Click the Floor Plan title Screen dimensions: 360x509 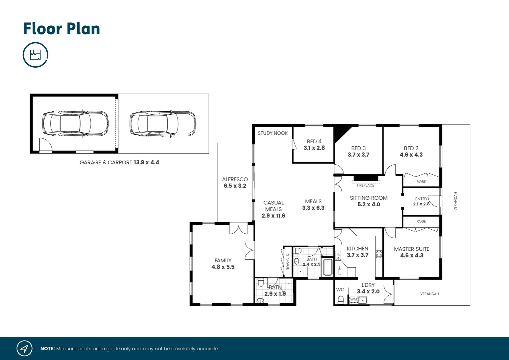tap(61, 29)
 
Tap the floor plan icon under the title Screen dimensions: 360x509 tap(35, 55)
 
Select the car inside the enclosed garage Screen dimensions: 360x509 tap(75, 124)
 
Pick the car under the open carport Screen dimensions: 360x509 tap(163, 124)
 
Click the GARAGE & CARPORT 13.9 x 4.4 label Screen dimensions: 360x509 tap(119, 163)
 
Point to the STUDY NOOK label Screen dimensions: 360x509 tap(272, 133)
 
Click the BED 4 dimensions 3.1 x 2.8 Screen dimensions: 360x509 tap(314, 148)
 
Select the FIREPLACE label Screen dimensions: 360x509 tap(365, 185)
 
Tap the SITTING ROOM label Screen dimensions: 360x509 tap(368, 198)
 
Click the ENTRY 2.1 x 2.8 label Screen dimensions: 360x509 tap(421, 201)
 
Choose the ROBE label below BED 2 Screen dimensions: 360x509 tap(421, 182)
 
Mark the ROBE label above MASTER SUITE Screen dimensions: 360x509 tap(421, 222)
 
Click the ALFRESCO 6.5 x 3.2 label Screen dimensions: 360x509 tap(235, 183)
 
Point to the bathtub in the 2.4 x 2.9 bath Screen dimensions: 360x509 tap(327, 267)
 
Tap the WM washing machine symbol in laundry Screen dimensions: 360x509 tap(353, 300)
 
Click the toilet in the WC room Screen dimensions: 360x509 tap(340, 301)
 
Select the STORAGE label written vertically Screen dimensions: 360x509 tap(288, 262)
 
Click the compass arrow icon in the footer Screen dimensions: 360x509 tap(24, 349)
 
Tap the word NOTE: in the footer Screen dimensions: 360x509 tap(47, 349)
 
